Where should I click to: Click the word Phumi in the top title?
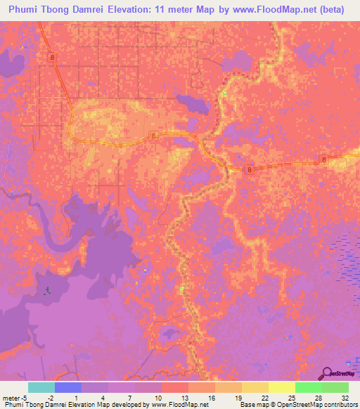[x=29, y=10]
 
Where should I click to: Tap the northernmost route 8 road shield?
[x=52, y=55]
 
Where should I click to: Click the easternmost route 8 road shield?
[x=323, y=160]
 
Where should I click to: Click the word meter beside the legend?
[x=10, y=398]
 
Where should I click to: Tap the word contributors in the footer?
[x=340, y=405]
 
